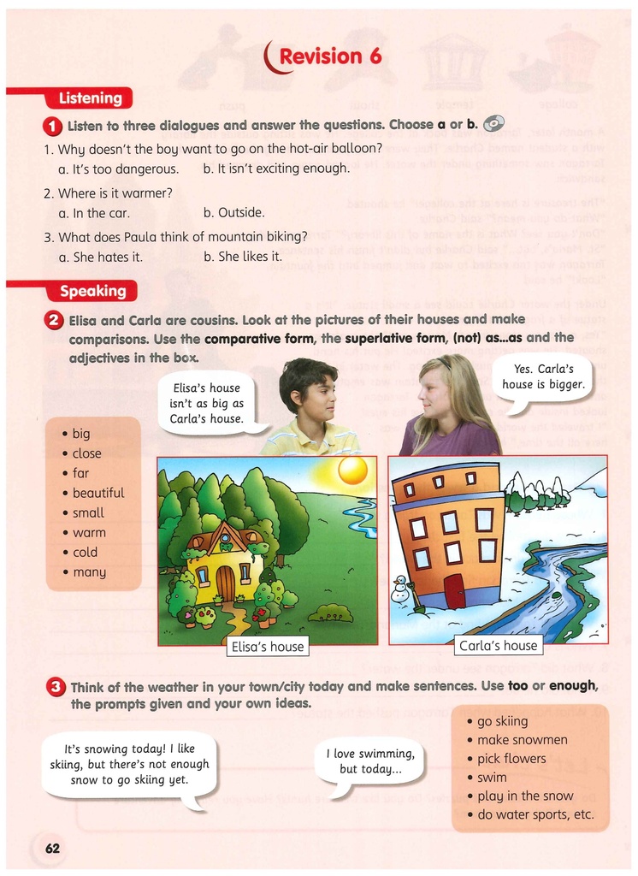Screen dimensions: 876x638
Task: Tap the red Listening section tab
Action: (89, 98)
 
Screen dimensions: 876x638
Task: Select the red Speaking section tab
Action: (92, 292)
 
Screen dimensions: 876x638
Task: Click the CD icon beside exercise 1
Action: (493, 124)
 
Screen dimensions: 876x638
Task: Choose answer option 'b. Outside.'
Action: (234, 213)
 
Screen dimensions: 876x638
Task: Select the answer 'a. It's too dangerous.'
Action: (118, 169)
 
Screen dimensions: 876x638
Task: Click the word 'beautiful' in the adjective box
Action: (97, 493)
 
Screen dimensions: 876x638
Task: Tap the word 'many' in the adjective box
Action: (89, 571)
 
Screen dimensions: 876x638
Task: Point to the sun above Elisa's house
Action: (352, 470)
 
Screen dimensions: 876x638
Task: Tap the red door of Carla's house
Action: (454, 591)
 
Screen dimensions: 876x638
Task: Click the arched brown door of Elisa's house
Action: (225, 583)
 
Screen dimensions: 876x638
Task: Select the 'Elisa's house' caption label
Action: (268, 647)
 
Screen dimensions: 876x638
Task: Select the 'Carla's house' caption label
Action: (498, 646)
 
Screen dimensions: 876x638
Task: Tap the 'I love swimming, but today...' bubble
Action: (369, 761)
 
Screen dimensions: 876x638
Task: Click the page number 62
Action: (53, 849)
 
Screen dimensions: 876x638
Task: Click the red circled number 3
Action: (56, 686)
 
